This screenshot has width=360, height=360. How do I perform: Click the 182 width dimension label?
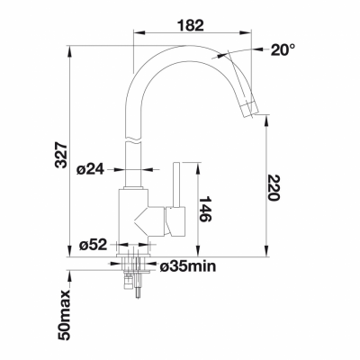(x=191, y=25)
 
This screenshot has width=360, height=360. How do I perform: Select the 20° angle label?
(x=283, y=49)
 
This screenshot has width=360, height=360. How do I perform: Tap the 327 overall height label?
(x=62, y=156)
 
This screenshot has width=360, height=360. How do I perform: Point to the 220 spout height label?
(x=274, y=187)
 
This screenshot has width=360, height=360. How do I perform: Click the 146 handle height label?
(x=205, y=209)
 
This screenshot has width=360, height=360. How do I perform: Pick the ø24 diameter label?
(x=90, y=170)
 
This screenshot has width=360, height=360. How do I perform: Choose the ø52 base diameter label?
(x=93, y=246)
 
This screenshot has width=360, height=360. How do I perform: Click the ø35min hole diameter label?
(x=188, y=265)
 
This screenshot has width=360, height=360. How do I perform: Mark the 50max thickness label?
(x=64, y=315)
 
